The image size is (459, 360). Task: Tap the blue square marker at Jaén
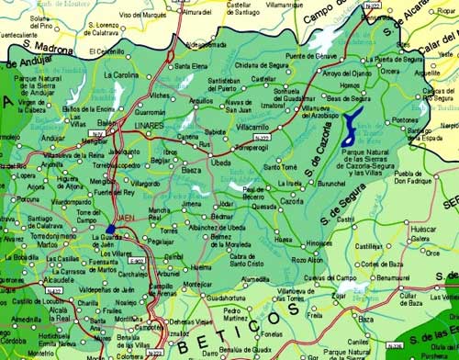(x=111, y=229)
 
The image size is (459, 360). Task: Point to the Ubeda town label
(x=221, y=163)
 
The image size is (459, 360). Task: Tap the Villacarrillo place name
(x=253, y=127)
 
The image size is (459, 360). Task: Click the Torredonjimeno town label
(x=34, y=236)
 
